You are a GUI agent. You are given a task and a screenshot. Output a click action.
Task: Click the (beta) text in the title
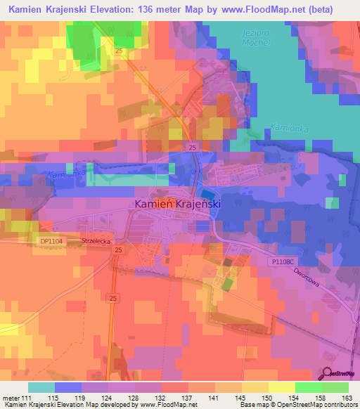[333, 9]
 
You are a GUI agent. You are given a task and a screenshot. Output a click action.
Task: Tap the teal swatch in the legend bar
[41, 387]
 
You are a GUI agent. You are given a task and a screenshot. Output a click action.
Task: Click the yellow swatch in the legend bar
[282, 387]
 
